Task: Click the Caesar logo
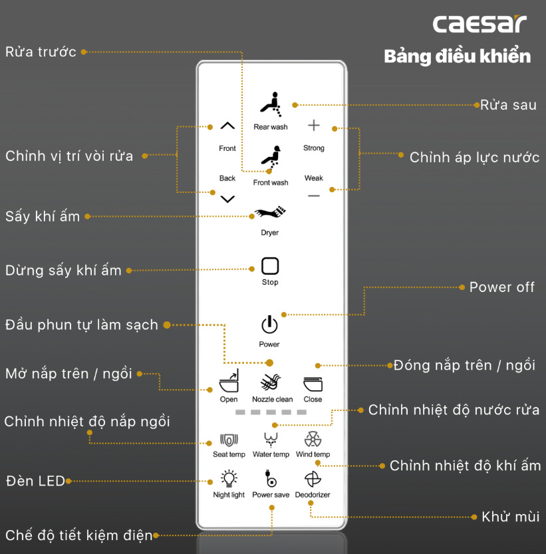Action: (479, 24)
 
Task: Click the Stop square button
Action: (270, 267)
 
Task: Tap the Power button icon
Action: (269, 325)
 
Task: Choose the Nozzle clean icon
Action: (272, 384)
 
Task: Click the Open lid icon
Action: (229, 384)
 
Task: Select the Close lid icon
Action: (313, 384)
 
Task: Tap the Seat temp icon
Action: (229, 440)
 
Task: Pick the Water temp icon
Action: (271, 440)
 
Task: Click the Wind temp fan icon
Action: (313, 440)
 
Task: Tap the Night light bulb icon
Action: (229, 479)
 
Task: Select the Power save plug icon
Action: (271, 480)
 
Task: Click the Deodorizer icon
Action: (313, 480)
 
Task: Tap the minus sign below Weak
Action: (314, 196)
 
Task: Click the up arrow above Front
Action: (227, 126)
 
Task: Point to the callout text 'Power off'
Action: (502, 287)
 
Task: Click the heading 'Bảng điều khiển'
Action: (458, 56)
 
